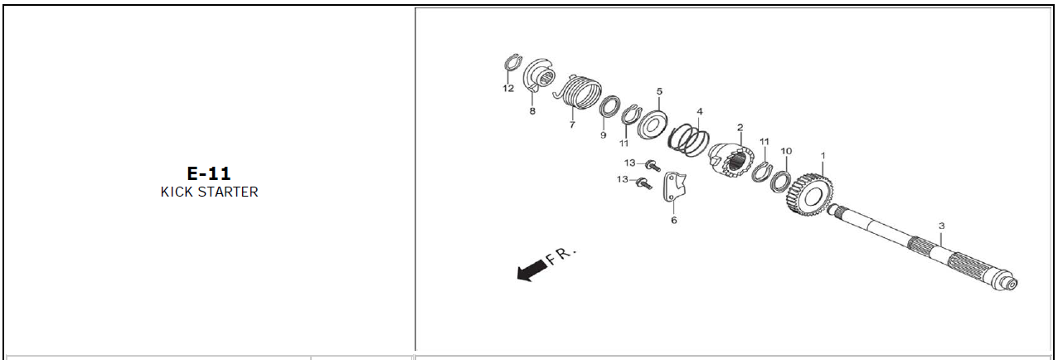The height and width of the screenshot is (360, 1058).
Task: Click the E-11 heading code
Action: [209, 173]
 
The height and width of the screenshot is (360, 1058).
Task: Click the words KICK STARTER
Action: [209, 192]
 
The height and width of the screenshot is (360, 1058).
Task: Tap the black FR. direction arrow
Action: [532, 270]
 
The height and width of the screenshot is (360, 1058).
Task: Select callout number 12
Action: [508, 89]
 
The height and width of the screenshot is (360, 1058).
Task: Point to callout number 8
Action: [532, 111]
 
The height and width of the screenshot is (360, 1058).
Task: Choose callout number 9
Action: [603, 135]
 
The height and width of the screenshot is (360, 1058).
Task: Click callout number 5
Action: [659, 91]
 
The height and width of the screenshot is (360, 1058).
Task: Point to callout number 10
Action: [786, 151]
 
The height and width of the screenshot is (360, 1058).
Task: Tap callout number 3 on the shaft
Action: [941, 226]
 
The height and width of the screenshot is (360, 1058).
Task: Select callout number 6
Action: [674, 220]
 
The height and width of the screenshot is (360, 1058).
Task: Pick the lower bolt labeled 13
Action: [644, 182]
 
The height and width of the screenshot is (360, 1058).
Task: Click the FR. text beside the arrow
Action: [561, 255]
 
